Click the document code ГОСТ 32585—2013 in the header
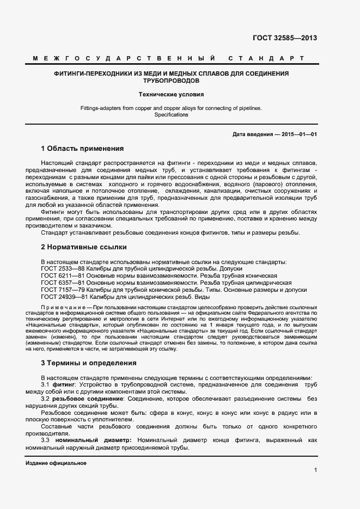tap(285, 38)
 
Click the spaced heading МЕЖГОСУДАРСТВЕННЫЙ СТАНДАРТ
tap(168, 58)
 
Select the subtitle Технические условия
tap(171, 94)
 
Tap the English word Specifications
tap(171, 115)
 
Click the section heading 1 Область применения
tap(82, 149)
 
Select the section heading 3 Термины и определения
tap(89, 363)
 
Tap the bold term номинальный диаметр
tap(99, 440)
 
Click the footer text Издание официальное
tap(56, 463)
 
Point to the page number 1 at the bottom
tap(316, 470)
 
